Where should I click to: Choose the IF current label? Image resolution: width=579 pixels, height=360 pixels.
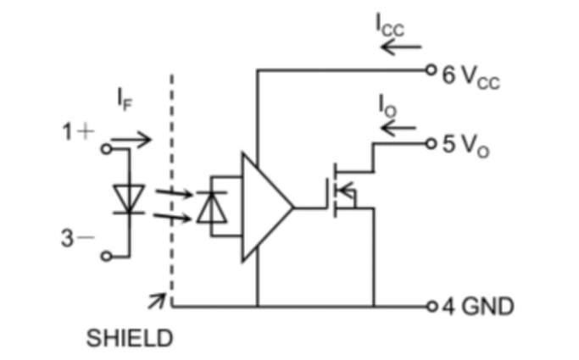pyautogui.click(x=125, y=99)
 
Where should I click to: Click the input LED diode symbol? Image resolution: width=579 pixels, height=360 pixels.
pyautogui.click(x=129, y=199)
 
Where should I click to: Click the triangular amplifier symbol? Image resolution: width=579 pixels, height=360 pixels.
pyautogui.click(x=264, y=207)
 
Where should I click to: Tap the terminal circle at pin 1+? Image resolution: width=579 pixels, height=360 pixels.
pyautogui.click(x=107, y=149)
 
